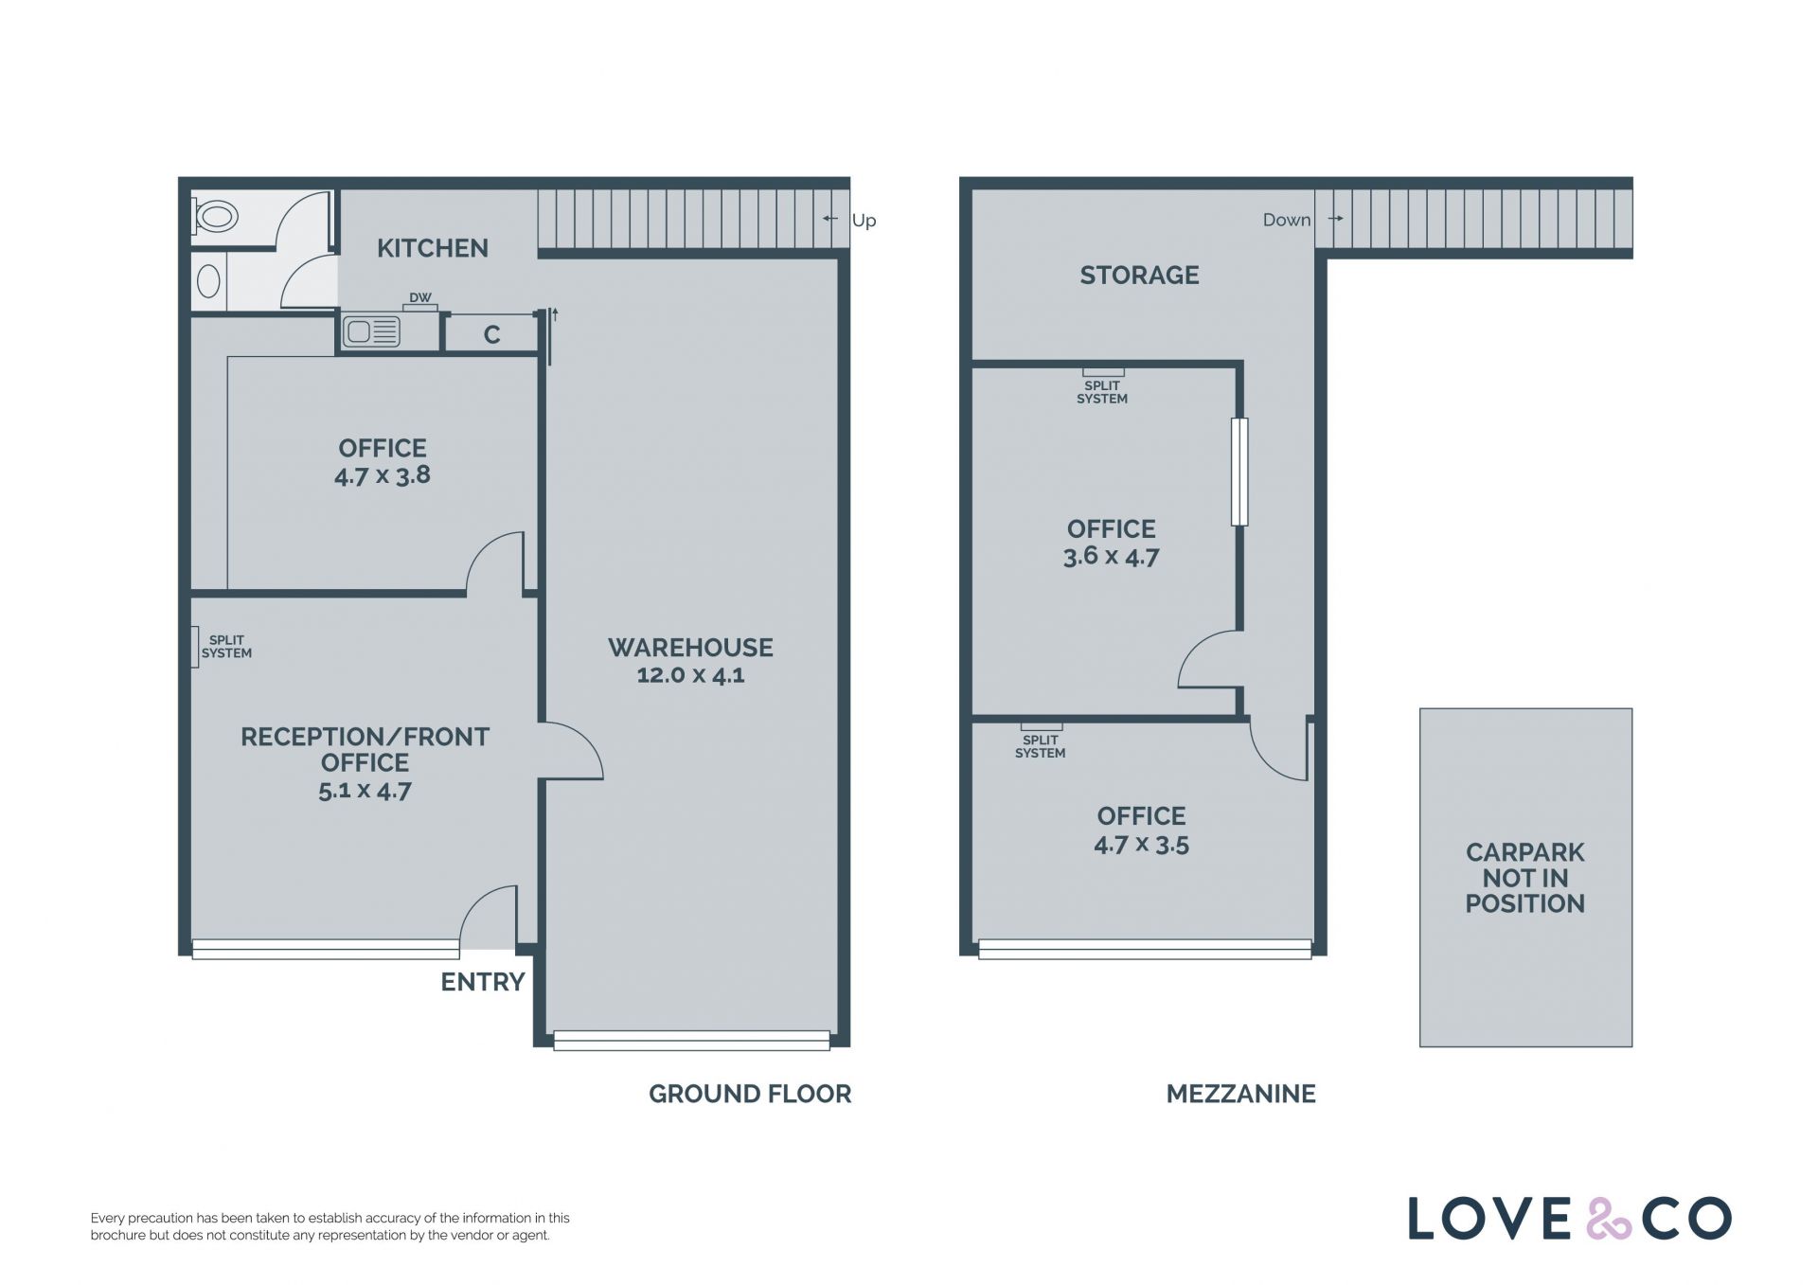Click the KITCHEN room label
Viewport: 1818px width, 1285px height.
coord(433,248)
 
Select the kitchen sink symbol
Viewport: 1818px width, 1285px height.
coord(371,332)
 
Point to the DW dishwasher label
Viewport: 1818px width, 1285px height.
coord(420,297)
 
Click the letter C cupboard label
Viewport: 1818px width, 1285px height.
coord(492,334)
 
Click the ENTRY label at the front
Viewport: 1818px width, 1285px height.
coord(483,982)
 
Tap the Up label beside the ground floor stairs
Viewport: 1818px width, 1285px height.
coord(864,221)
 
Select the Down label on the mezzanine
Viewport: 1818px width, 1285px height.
coord(1287,220)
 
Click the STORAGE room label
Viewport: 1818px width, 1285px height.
coord(1140,276)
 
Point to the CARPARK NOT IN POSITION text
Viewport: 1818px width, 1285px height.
coord(1524,878)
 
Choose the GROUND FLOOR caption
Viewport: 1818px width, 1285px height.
coord(750,1094)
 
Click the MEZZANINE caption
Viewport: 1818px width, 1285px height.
coord(1240,1094)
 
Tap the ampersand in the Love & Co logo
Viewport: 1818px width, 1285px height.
coord(1609,1219)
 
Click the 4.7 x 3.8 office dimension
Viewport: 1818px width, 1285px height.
coord(383,475)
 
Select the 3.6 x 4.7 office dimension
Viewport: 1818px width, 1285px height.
coord(1112,557)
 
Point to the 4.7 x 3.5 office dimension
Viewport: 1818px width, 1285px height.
coord(1142,845)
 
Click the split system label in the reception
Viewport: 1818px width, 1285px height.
coord(226,647)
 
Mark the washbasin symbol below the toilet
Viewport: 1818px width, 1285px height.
coord(208,281)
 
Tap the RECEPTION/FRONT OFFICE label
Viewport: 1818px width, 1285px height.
coord(365,750)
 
